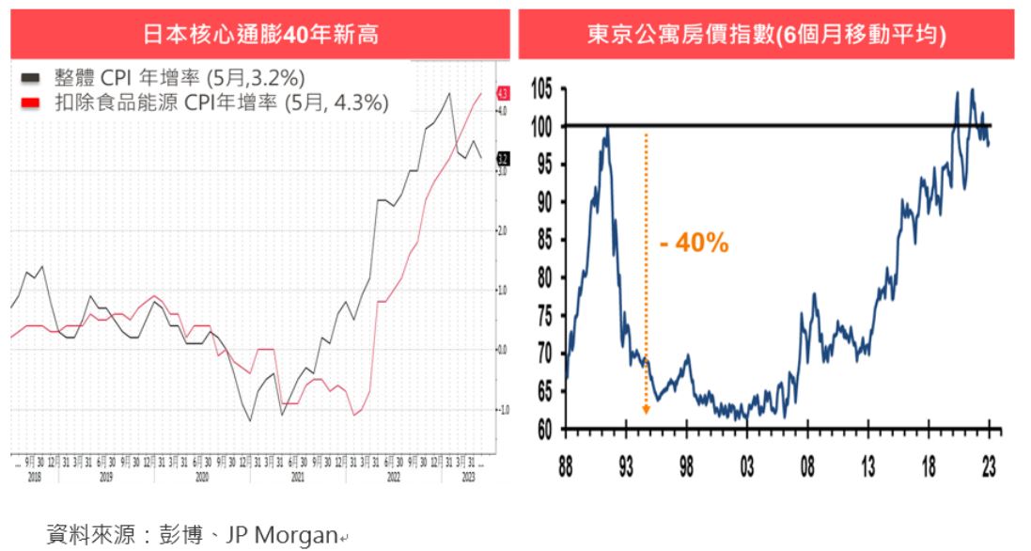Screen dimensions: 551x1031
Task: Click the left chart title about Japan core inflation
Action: coord(260,36)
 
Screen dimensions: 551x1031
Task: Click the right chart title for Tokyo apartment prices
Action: coord(766,36)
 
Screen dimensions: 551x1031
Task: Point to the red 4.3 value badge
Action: coord(503,93)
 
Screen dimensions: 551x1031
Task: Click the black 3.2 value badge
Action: coord(503,159)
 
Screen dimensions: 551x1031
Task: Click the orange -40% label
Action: coord(694,243)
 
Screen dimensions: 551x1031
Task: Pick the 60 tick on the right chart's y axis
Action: coord(544,430)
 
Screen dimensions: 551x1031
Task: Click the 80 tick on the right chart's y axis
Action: coord(544,278)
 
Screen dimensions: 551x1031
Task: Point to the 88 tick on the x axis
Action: coord(565,466)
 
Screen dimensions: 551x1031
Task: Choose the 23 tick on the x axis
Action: coord(989,466)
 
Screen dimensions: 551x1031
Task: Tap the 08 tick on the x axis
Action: coord(807,466)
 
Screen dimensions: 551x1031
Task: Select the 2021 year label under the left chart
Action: coord(298,477)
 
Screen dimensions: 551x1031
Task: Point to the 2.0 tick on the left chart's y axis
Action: coord(502,230)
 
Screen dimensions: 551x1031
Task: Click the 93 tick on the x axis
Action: coord(626,466)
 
